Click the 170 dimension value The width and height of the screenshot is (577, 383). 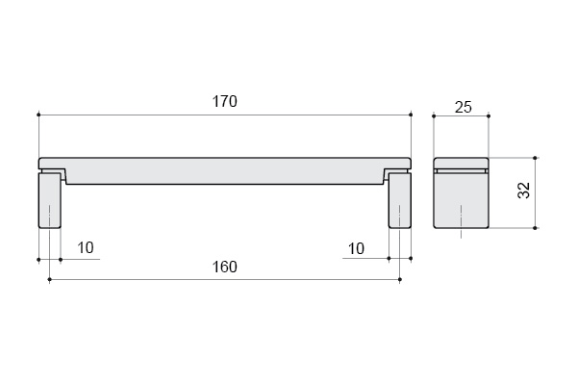tap(224, 101)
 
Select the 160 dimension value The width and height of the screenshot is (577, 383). tap(224, 267)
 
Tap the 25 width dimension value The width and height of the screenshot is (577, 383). tap(463, 107)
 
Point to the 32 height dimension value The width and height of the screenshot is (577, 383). tap(524, 191)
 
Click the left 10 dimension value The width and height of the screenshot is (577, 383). tap(86, 248)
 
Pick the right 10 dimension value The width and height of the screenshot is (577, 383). tap(356, 248)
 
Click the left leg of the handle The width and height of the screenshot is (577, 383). tap(49, 200)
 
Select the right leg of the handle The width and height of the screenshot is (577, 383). tap(400, 200)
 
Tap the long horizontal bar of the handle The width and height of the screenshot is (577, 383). tap(224, 171)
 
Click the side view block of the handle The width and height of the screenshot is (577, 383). tap(461, 193)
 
